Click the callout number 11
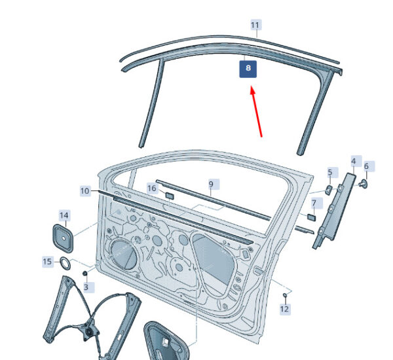click(x=255, y=25)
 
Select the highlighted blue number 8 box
click(x=248, y=68)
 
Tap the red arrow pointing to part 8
click(x=256, y=113)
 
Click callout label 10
click(x=85, y=190)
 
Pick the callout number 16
click(x=152, y=189)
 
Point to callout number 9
click(x=211, y=185)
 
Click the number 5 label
click(x=330, y=173)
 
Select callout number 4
click(x=354, y=161)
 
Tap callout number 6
click(x=366, y=166)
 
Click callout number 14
click(x=64, y=215)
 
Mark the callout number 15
click(x=47, y=262)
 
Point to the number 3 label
click(x=85, y=287)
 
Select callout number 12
click(x=284, y=309)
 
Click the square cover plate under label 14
click(x=64, y=238)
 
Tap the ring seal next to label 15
click(x=66, y=264)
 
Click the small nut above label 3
click(x=85, y=272)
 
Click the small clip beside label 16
click(x=168, y=195)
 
